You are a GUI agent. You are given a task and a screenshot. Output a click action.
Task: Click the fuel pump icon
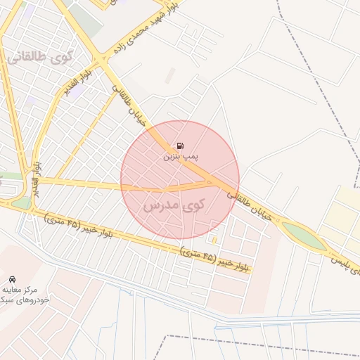(x=180, y=146)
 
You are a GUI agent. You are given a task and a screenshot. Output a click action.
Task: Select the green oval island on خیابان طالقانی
(x=304, y=235)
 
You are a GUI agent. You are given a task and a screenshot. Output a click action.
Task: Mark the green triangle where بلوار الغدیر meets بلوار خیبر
(x=22, y=202)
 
